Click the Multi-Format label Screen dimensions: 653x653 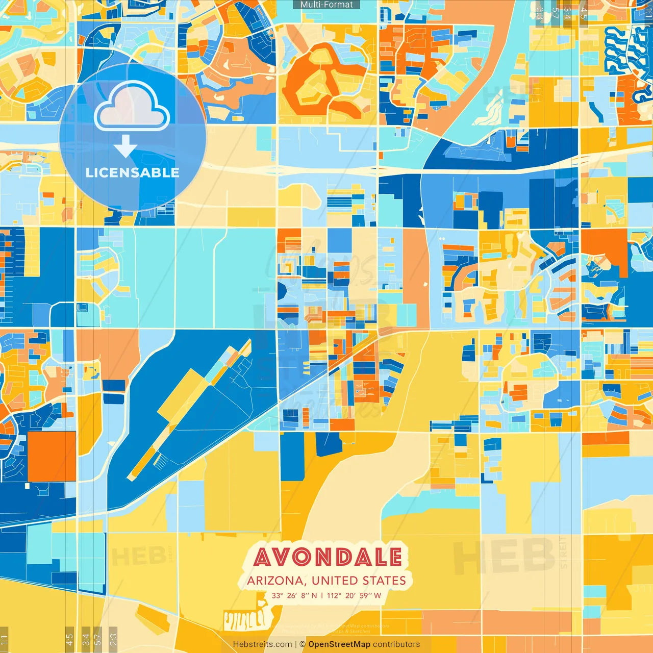(326, 5)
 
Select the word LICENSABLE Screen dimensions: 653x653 (133, 172)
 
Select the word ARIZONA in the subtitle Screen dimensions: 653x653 (275, 581)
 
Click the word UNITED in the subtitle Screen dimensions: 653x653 (335, 581)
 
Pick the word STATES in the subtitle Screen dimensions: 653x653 (384, 581)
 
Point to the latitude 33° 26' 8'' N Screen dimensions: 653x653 (294, 595)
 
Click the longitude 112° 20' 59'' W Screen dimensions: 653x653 (354, 595)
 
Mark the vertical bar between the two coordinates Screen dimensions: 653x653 (322, 595)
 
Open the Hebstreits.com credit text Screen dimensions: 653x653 (262, 644)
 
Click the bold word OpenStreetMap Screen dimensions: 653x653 (339, 644)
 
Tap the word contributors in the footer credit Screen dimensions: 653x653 (396, 644)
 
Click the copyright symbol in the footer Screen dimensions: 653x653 (303, 644)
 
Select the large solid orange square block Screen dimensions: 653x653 (52, 456)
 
